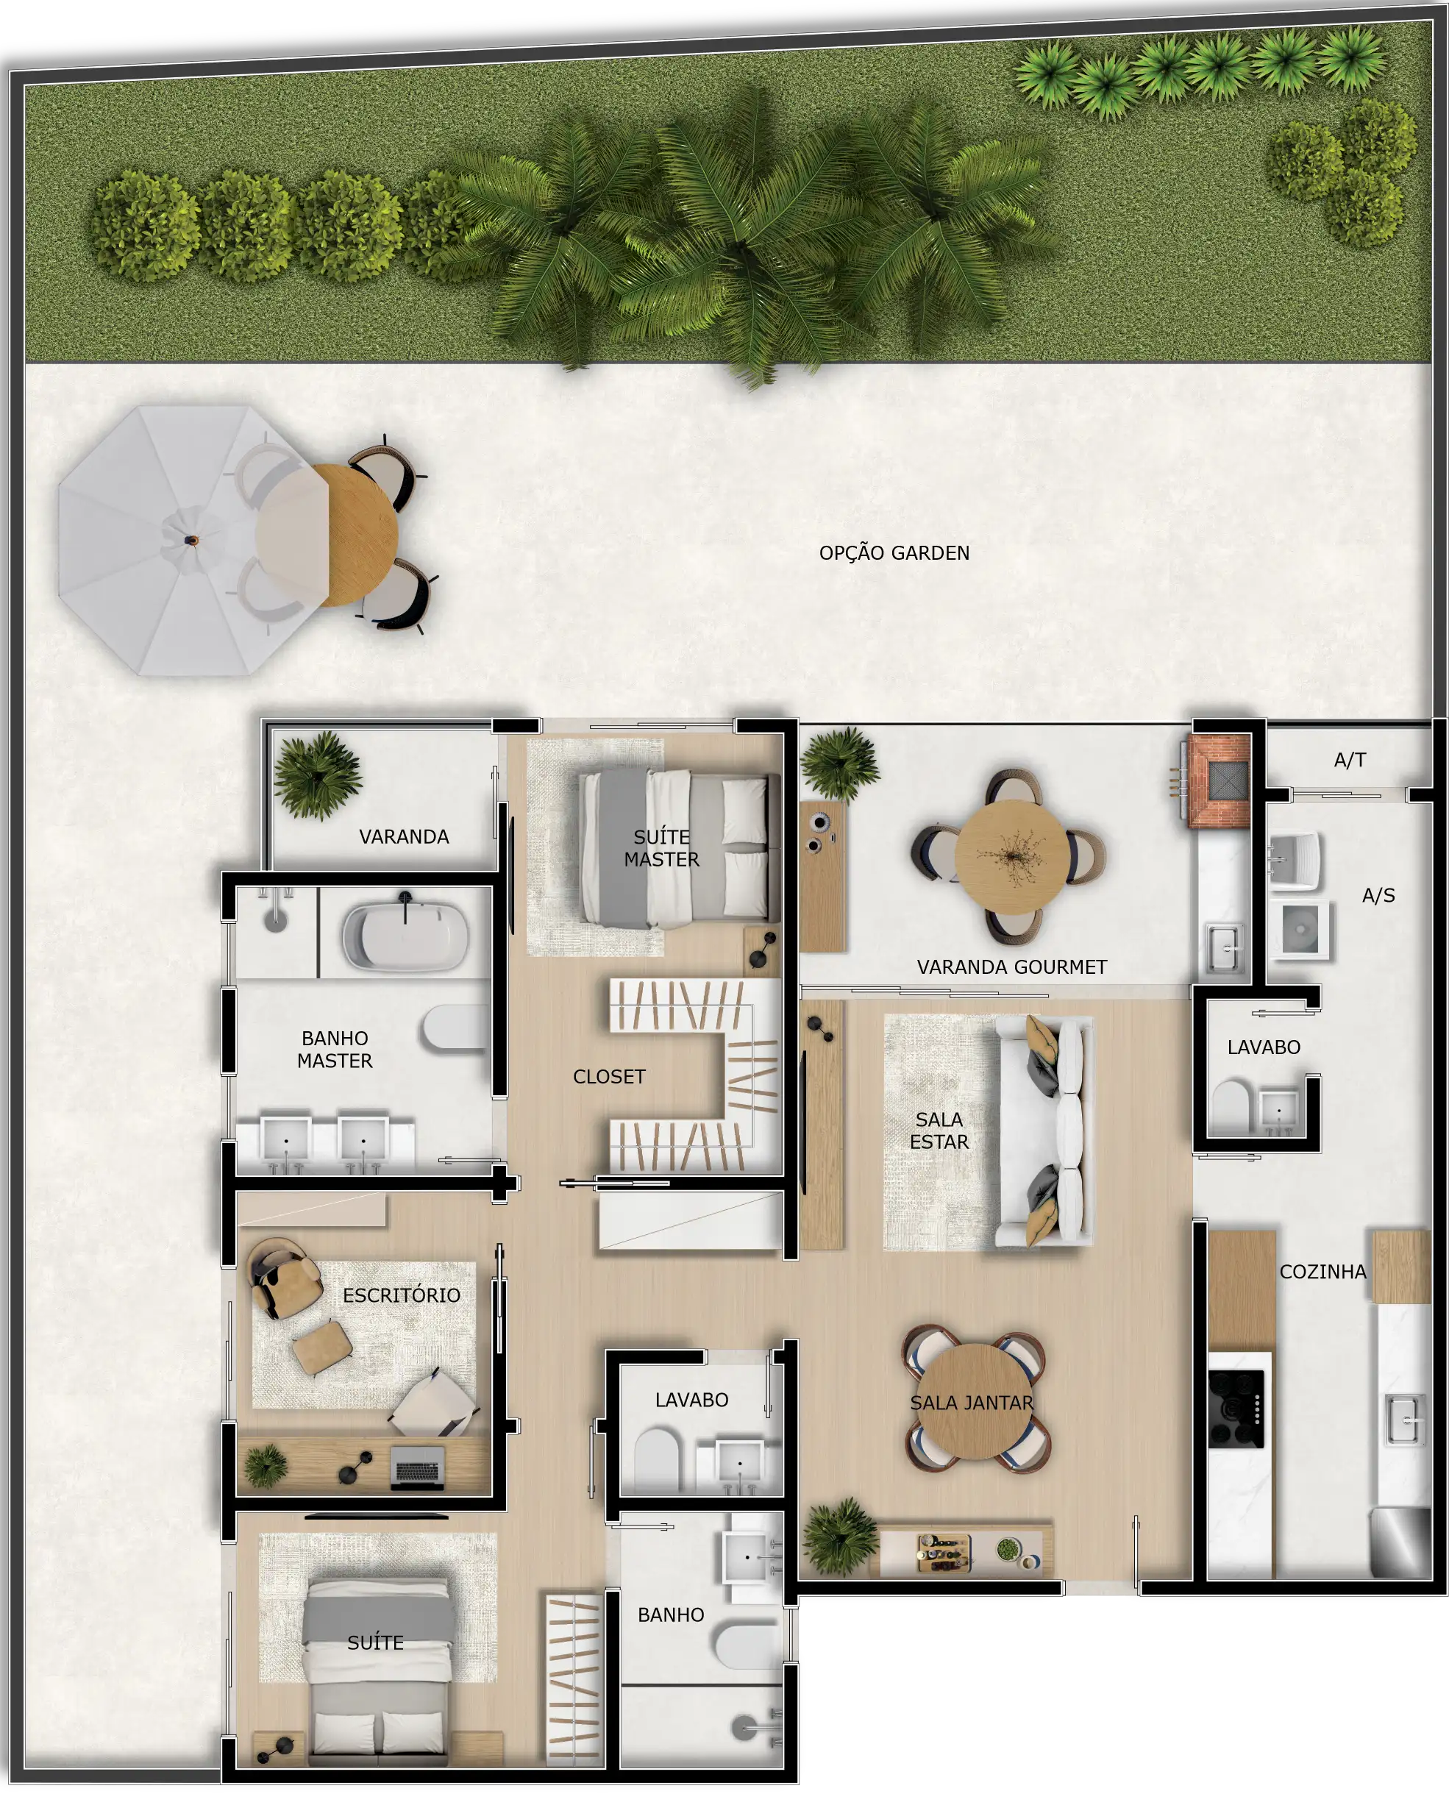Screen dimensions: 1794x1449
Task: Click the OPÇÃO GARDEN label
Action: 894,552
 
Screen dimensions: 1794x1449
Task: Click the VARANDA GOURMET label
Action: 1011,967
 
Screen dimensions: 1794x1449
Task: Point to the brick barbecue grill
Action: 1220,780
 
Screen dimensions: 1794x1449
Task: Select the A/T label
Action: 1350,760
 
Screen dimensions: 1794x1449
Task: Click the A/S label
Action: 1378,895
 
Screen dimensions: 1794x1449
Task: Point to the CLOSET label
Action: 609,1076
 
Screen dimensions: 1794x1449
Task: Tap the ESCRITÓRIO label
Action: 402,1295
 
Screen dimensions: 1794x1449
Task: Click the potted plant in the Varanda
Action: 317,775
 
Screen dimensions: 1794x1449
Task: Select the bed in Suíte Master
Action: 680,848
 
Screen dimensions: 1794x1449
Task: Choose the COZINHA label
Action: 1323,1272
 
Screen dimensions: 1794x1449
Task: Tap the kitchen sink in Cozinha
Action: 1405,1419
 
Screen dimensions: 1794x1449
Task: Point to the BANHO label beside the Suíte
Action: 671,1615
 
